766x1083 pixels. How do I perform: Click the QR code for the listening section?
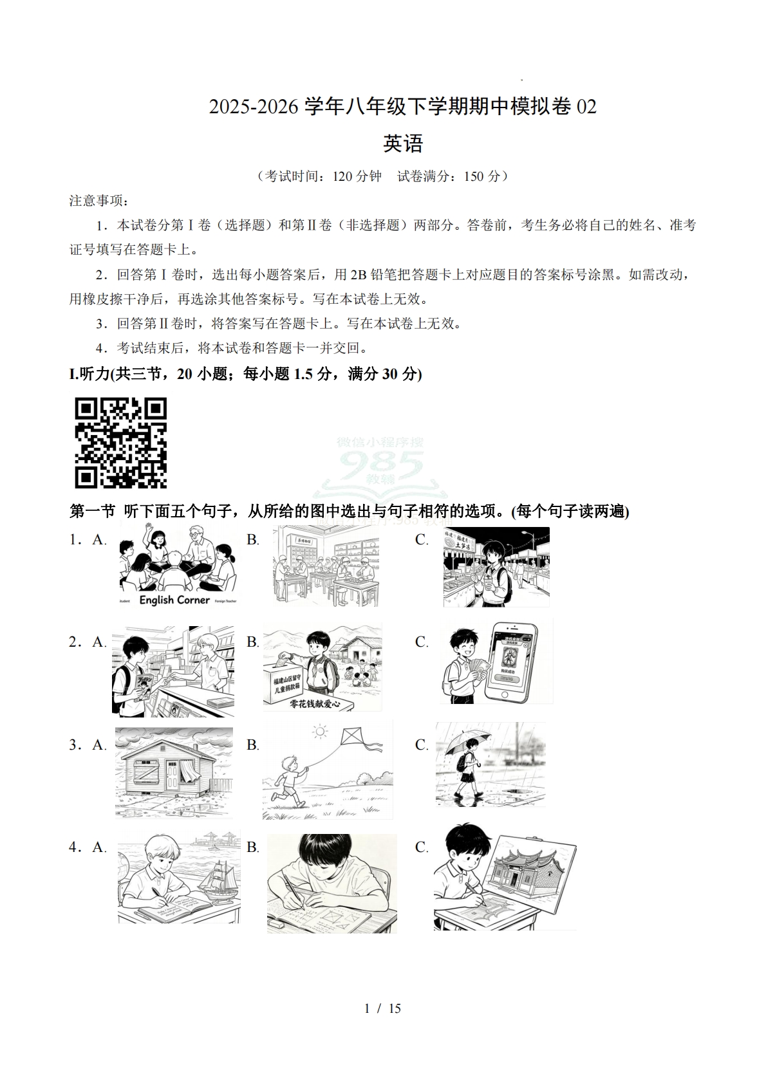[121, 443]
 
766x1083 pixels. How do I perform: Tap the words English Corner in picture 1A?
[174, 600]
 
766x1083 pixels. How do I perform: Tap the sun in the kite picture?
[319, 732]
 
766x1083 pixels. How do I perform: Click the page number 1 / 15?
[383, 1008]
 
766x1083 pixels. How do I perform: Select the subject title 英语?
[403, 143]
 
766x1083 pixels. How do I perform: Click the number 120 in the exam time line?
[343, 176]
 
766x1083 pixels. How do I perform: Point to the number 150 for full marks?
[474, 176]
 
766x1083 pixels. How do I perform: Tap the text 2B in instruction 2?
[359, 275]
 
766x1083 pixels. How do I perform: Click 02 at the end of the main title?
[586, 107]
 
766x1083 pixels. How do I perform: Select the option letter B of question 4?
[252, 847]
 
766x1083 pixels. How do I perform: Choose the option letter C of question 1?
[422, 540]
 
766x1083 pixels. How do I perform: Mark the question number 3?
[74, 745]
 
